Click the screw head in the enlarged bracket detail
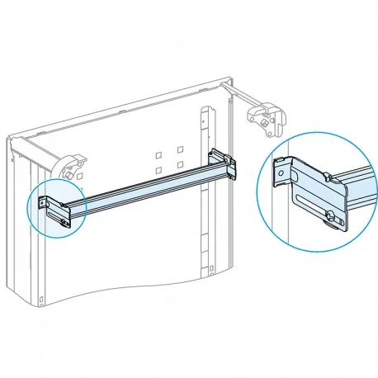(331, 217)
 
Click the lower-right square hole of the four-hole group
(179, 165)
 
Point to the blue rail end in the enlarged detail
(356, 189)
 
